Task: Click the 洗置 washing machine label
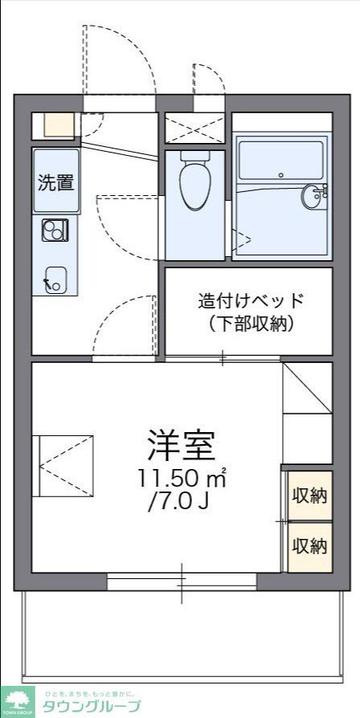tap(55, 182)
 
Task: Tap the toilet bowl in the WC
tap(194, 183)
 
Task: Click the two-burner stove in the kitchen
tap(55, 231)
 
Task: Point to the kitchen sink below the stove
tap(55, 277)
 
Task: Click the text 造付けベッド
tap(252, 301)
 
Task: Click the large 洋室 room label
tap(182, 443)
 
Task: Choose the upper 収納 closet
tap(310, 495)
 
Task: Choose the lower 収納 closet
tap(310, 546)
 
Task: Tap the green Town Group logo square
tap(18, 702)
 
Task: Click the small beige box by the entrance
tap(58, 124)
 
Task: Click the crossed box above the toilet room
tap(195, 128)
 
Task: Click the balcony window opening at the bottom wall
tap(182, 582)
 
